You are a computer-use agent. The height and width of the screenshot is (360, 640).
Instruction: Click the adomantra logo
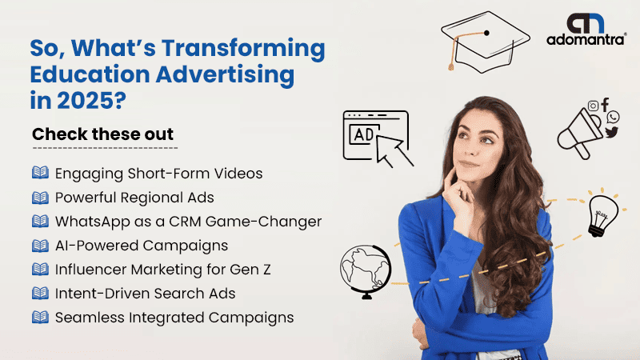point(586,29)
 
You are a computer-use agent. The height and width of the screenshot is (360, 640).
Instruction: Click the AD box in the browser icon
point(364,134)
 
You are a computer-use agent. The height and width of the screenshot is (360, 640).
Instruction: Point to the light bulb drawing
point(602,214)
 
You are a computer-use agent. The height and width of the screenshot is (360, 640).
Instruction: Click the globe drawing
point(366,271)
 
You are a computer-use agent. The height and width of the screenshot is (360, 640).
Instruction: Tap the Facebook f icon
point(605,104)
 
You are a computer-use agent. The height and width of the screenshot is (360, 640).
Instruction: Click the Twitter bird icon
point(611,132)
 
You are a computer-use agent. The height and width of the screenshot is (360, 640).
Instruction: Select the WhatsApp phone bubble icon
point(613,117)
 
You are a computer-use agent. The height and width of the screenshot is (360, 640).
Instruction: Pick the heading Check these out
point(103,134)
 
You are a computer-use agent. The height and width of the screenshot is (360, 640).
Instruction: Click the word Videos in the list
point(238,174)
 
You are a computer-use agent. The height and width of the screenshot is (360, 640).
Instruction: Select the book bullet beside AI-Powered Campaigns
point(40,246)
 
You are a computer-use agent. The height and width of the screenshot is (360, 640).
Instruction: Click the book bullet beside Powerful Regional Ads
point(40,198)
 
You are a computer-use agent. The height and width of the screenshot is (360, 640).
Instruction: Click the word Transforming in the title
point(243,49)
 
